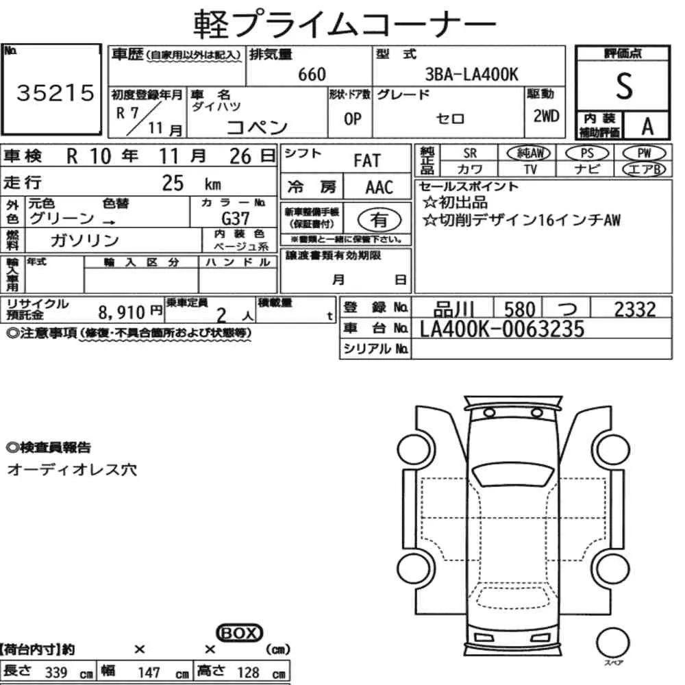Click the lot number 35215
55,93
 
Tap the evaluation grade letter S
623,86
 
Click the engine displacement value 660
312,75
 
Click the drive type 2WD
546,116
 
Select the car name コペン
257,127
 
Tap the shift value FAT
367,161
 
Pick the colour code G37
235,218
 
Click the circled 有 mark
379,220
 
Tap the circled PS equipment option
587,153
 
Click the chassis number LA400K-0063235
502,329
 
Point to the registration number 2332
635,310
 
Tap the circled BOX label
239,634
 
